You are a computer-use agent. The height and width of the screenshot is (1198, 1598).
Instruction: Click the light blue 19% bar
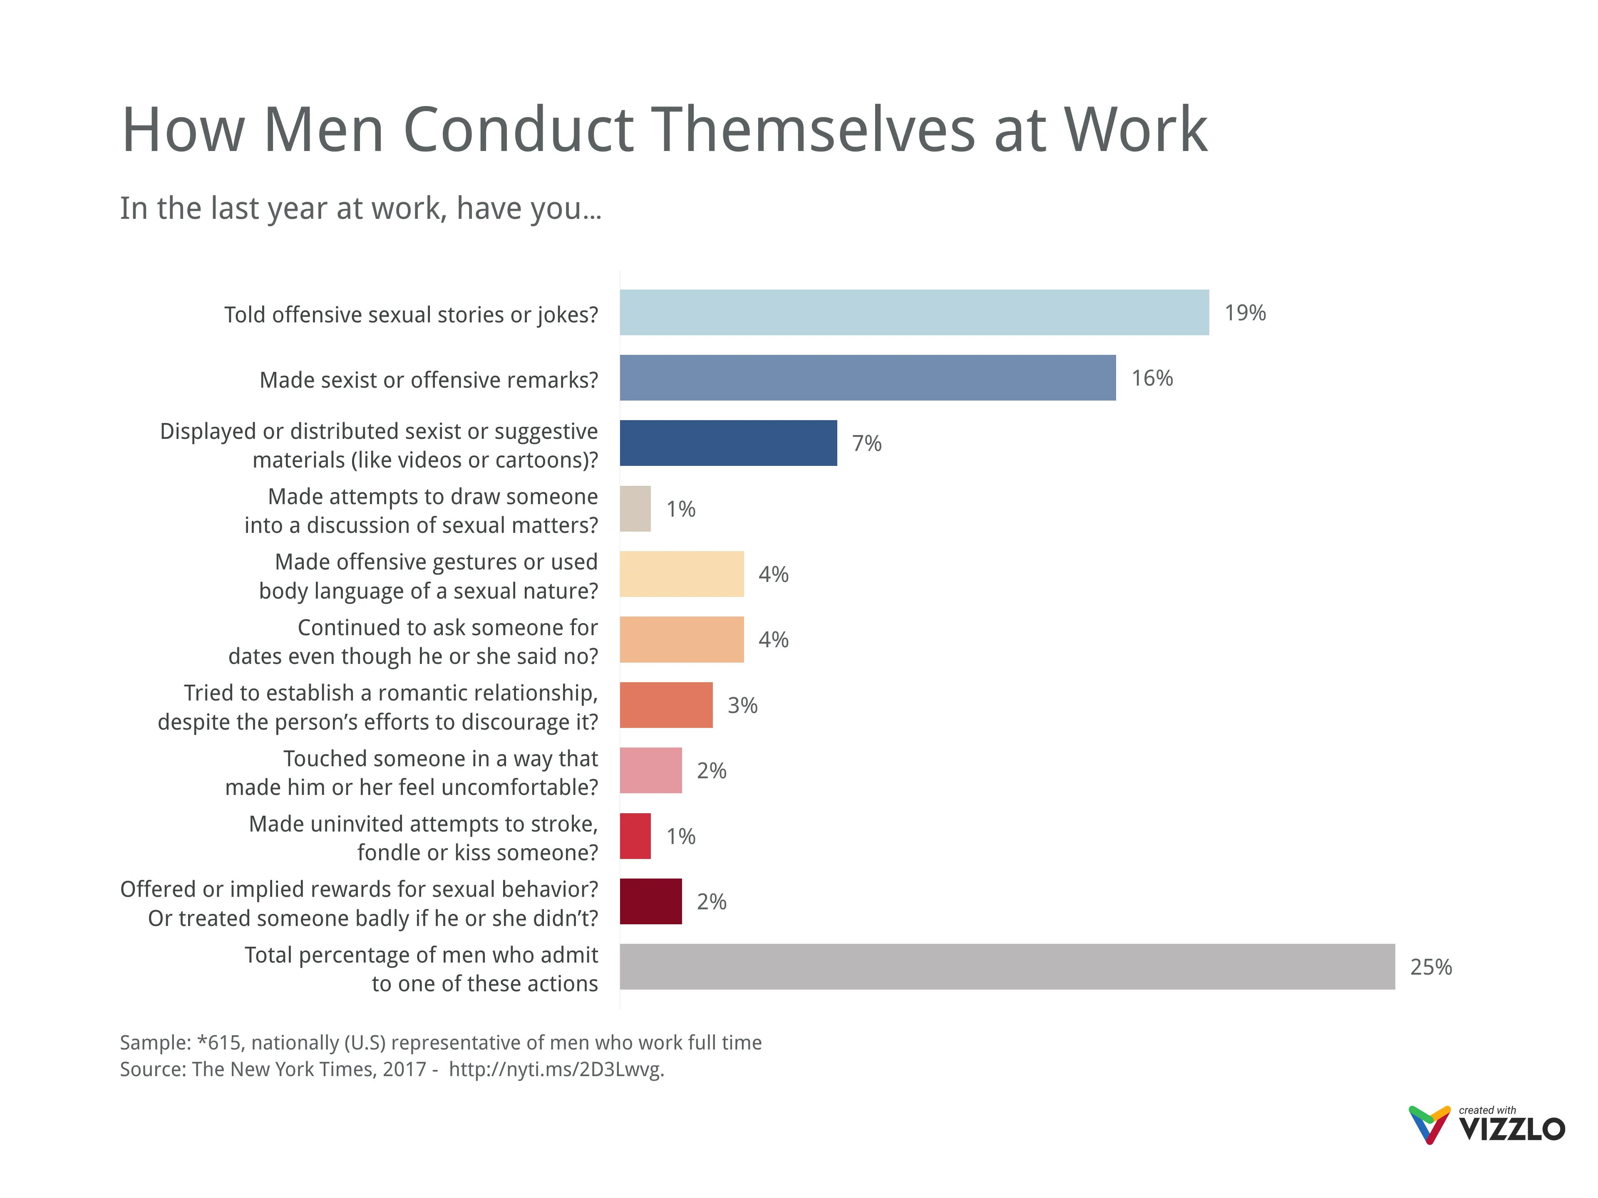click(914, 313)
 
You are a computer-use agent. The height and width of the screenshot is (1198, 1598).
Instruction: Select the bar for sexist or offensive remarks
click(867, 378)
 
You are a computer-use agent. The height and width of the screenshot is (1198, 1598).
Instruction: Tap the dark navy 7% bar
click(728, 443)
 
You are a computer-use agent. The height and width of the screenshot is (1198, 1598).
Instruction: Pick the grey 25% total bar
click(1007, 966)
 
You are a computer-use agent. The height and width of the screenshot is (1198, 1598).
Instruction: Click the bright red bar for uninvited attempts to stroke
click(635, 836)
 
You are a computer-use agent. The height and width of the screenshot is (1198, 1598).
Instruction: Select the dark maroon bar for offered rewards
click(650, 901)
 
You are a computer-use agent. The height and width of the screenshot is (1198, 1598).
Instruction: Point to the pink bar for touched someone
click(650, 770)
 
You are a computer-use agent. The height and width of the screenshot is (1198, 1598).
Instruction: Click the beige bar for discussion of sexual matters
click(635, 509)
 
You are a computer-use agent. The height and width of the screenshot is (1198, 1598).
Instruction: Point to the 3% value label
click(742, 705)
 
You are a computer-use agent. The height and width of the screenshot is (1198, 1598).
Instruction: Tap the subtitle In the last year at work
click(360, 209)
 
